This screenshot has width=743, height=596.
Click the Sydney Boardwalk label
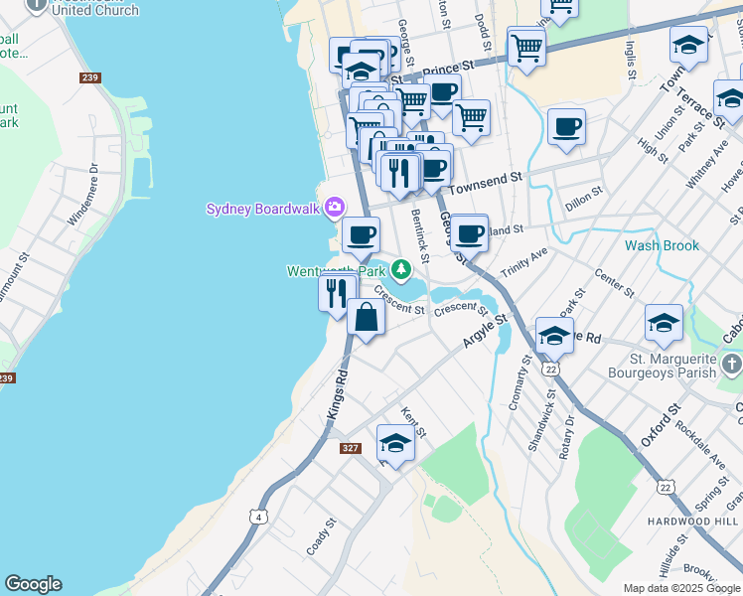click(x=263, y=209)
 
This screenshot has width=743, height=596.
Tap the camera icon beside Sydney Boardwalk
click(x=334, y=208)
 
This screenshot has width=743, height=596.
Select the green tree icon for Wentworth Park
click(x=400, y=269)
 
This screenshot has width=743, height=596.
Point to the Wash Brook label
click(x=662, y=245)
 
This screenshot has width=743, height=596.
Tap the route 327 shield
click(x=350, y=448)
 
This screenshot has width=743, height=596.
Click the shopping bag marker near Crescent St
click(x=367, y=318)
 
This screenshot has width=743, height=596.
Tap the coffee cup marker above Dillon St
click(x=566, y=126)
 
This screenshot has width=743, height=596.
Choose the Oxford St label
click(x=660, y=423)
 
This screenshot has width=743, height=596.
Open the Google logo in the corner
click(x=33, y=584)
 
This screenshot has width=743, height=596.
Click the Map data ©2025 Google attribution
click(x=681, y=588)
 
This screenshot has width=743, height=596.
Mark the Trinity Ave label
click(x=524, y=263)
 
